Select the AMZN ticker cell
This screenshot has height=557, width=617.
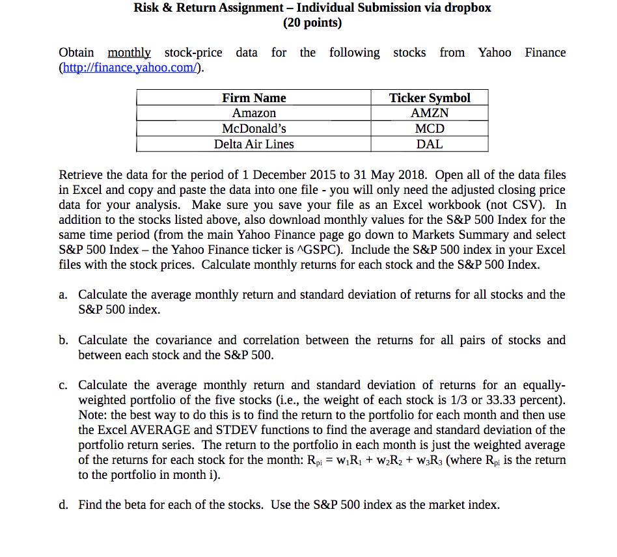pyautogui.click(x=430, y=113)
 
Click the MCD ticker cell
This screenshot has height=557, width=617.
pyautogui.click(x=430, y=129)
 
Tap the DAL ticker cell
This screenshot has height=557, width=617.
pyautogui.click(x=430, y=144)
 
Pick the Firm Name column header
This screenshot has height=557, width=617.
pyautogui.click(x=254, y=98)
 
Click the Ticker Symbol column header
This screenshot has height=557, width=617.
pyautogui.click(x=430, y=98)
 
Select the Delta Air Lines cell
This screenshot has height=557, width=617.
pyautogui.click(x=254, y=144)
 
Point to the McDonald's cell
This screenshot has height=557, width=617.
pyautogui.click(x=254, y=129)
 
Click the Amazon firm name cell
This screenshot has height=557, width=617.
pyautogui.click(x=254, y=113)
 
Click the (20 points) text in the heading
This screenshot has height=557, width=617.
pyautogui.click(x=312, y=23)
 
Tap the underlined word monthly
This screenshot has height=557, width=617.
pyautogui.click(x=129, y=53)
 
